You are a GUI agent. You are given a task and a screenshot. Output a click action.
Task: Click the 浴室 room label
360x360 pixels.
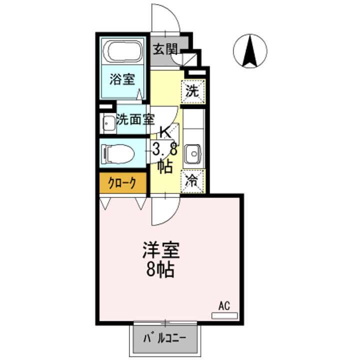[x=122, y=79]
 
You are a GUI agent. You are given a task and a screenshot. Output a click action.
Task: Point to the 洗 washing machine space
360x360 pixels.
[x=192, y=91]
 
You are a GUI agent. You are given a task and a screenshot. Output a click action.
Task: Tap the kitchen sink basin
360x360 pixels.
[x=192, y=154]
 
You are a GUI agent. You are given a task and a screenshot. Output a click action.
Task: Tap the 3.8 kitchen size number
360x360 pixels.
[x=164, y=148]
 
